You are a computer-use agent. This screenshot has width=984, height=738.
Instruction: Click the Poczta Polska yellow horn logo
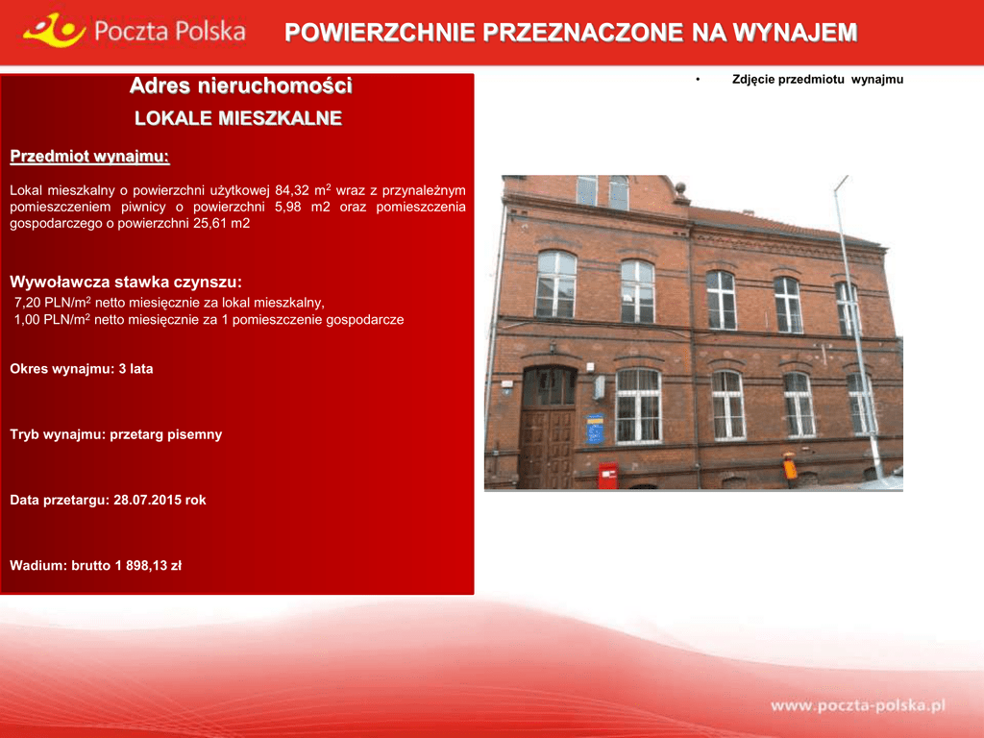point(54,30)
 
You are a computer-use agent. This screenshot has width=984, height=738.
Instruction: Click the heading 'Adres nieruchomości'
point(241,86)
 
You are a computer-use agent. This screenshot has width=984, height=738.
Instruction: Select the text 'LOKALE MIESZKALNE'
point(238,118)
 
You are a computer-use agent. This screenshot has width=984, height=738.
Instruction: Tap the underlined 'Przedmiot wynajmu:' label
point(89,157)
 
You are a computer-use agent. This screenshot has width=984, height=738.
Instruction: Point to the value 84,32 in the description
point(291,190)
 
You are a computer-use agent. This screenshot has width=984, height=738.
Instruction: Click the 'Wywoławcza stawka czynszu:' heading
point(126,282)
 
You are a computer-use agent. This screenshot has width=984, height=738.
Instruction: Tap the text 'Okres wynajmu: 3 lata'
point(82,369)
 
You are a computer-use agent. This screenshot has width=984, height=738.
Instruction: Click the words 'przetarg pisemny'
point(165,435)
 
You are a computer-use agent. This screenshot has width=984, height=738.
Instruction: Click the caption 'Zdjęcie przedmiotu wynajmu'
point(818,80)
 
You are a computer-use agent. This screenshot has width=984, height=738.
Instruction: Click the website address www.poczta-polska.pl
point(858,705)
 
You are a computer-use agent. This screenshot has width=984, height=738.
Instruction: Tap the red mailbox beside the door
point(607,475)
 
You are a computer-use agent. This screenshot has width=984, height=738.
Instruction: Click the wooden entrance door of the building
point(547,427)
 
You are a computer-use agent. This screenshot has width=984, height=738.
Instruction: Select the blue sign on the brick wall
point(594,429)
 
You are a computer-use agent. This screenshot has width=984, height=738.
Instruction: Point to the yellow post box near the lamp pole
point(790,467)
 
